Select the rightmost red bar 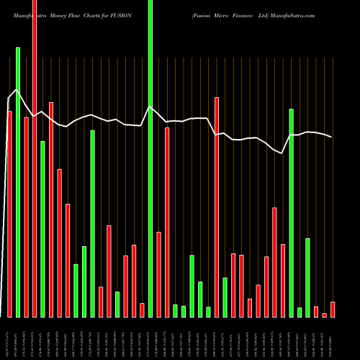click(x=333, y=310)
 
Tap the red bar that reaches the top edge click(x=35, y=158)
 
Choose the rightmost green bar click(x=307, y=277)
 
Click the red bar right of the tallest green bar click(x=158, y=274)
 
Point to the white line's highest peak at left click(x=18, y=90)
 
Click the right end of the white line click(x=332, y=137)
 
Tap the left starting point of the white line click(x=9, y=99)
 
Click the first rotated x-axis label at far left click(x=9, y=337)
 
